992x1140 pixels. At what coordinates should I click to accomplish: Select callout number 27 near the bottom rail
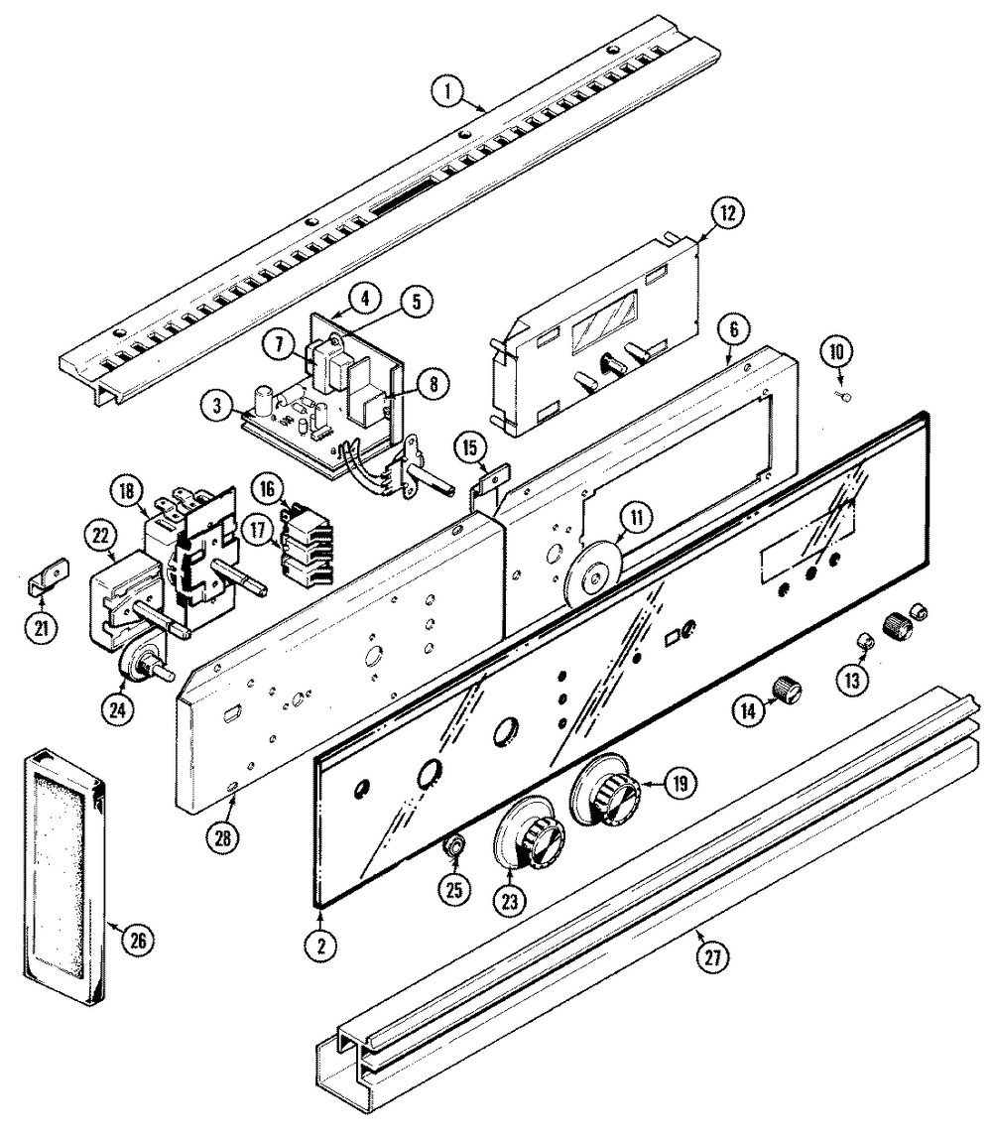713,957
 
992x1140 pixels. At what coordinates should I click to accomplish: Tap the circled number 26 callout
137,941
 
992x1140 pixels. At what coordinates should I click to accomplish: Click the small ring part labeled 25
454,846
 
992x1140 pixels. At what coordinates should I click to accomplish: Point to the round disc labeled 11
593,573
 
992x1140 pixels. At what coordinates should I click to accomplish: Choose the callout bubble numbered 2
321,945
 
